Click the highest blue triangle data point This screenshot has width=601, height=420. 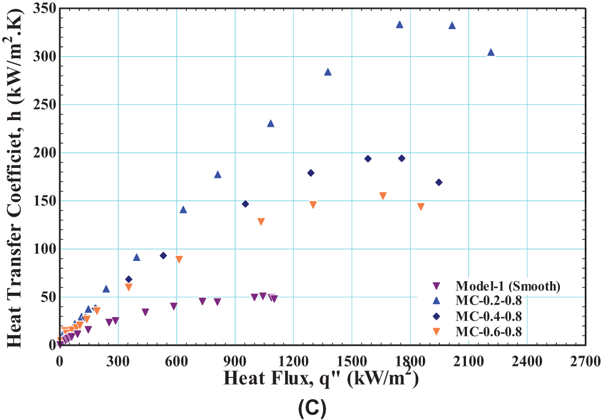399,24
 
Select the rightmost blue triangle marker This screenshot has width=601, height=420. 491,52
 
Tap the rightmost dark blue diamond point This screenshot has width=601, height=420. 439,182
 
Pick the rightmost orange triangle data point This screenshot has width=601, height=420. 421,207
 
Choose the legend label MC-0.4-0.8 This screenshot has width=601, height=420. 489,316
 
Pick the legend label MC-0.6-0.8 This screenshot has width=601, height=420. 489,331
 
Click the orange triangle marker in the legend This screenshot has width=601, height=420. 437,331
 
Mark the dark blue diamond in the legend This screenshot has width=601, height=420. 437,316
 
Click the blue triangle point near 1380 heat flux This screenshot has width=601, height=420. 328,72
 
